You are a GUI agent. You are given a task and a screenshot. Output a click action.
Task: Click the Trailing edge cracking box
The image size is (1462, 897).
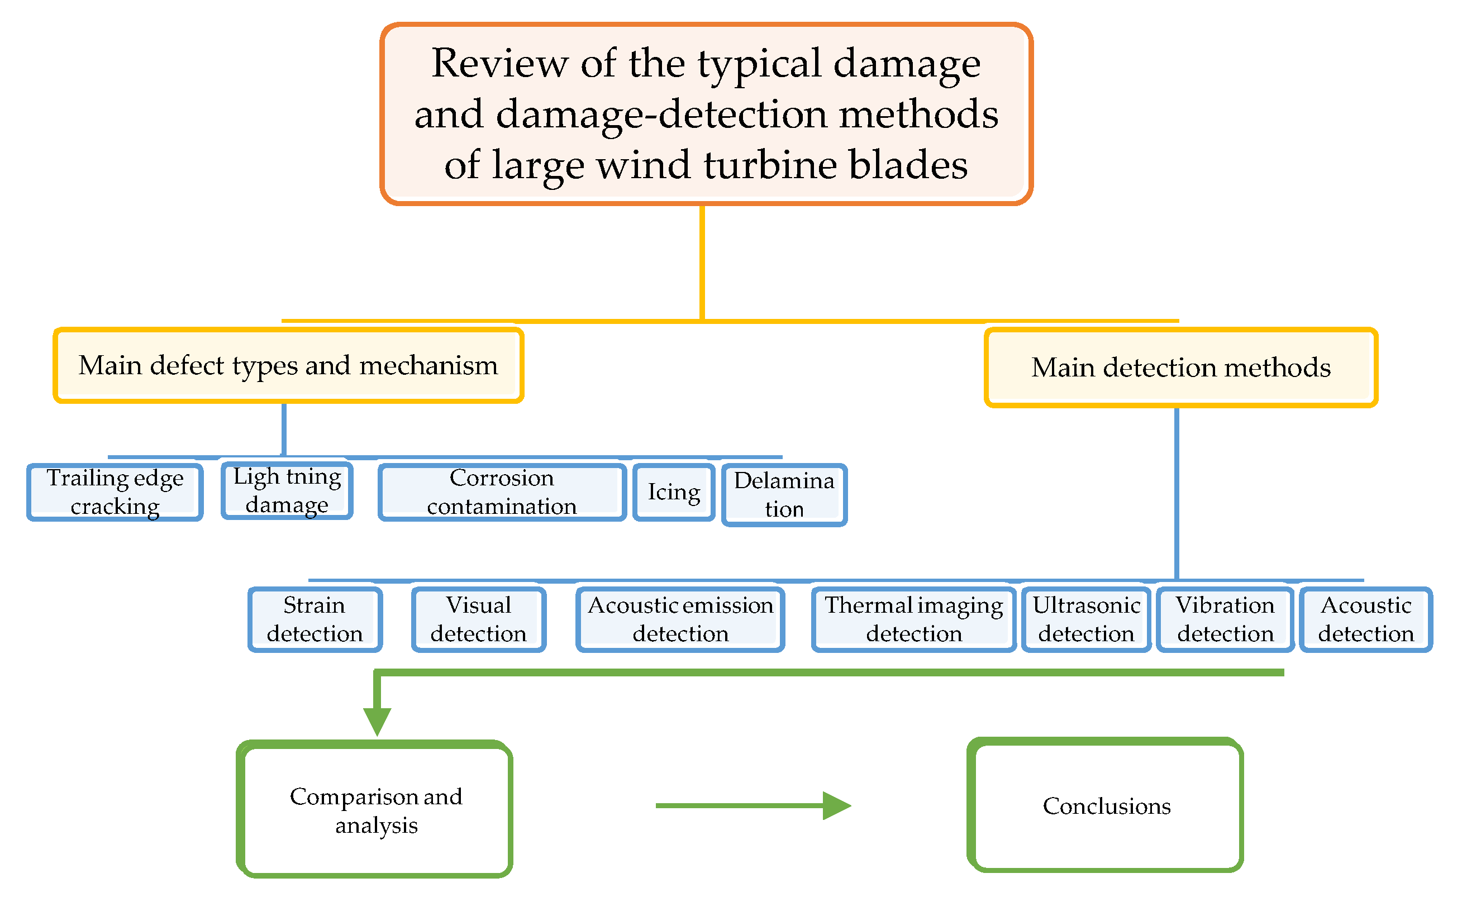pos(115,493)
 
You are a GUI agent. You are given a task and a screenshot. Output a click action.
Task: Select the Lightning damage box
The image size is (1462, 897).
pos(287,491)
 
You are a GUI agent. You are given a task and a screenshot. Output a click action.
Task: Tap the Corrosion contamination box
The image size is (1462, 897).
pos(502,493)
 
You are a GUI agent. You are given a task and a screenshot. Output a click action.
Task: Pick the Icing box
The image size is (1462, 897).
pos(674,493)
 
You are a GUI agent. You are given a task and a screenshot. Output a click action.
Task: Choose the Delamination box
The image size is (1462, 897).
pos(784,495)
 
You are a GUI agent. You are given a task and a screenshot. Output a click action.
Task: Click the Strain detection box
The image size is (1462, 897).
pos(315,620)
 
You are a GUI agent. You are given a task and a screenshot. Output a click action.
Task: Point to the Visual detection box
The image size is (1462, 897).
pos(479,620)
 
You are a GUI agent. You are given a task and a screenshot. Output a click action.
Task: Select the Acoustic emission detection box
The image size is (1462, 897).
pos(680,620)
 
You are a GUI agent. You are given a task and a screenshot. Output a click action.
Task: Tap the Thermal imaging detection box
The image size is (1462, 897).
pos(914,620)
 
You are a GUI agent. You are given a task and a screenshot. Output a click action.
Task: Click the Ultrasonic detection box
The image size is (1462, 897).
pos(1087,620)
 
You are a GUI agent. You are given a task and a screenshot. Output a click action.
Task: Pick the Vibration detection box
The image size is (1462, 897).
pos(1225,620)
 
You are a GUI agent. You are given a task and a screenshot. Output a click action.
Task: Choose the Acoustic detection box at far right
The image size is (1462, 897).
pos(1366,620)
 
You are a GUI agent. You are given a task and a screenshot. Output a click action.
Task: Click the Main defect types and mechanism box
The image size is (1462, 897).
pos(288,366)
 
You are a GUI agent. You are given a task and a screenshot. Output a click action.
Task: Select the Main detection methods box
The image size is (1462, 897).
pos(1181,368)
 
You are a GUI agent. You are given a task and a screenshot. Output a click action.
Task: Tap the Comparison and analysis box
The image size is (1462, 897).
pos(375,810)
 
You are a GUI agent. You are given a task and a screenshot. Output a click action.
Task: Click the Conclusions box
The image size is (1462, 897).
pos(1106,805)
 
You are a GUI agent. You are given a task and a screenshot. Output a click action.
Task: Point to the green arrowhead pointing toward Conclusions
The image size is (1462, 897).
pos(837,805)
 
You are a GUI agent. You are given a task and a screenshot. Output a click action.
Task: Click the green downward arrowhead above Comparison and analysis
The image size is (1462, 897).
pos(377,722)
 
